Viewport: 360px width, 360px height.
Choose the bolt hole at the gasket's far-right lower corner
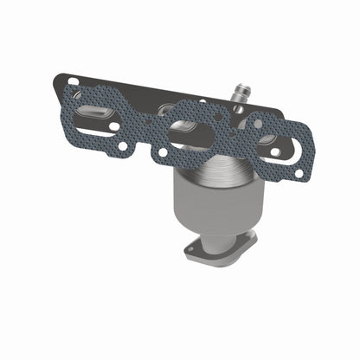click(x=299, y=174)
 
